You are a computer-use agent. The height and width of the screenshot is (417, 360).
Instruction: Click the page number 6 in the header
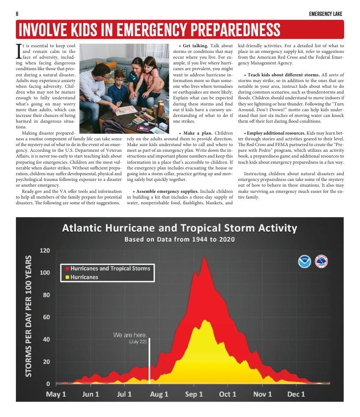point(17,14)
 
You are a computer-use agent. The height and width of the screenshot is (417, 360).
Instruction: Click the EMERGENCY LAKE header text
point(326,14)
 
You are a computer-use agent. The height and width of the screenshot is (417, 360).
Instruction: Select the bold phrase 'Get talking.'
point(195,46)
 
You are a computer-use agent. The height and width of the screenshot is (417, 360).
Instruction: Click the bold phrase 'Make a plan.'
point(196,133)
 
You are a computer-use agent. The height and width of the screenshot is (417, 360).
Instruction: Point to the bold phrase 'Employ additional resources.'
point(274,133)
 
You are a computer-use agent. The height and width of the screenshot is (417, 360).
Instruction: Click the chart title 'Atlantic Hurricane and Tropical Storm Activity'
point(179,228)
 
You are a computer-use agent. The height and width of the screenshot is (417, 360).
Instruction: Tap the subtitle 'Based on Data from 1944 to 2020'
point(179,240)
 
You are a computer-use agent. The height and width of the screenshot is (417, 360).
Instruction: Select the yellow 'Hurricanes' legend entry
point(84,277)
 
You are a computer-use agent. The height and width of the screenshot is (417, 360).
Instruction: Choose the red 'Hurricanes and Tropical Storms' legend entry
point(110,268)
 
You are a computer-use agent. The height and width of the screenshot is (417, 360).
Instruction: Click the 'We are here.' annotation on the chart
point(130,335)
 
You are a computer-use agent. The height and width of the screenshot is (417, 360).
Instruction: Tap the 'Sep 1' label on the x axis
point(194,394)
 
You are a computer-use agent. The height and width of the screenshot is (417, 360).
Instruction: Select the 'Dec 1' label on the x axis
point(296,394)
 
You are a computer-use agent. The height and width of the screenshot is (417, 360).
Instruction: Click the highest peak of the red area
point(204,258)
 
